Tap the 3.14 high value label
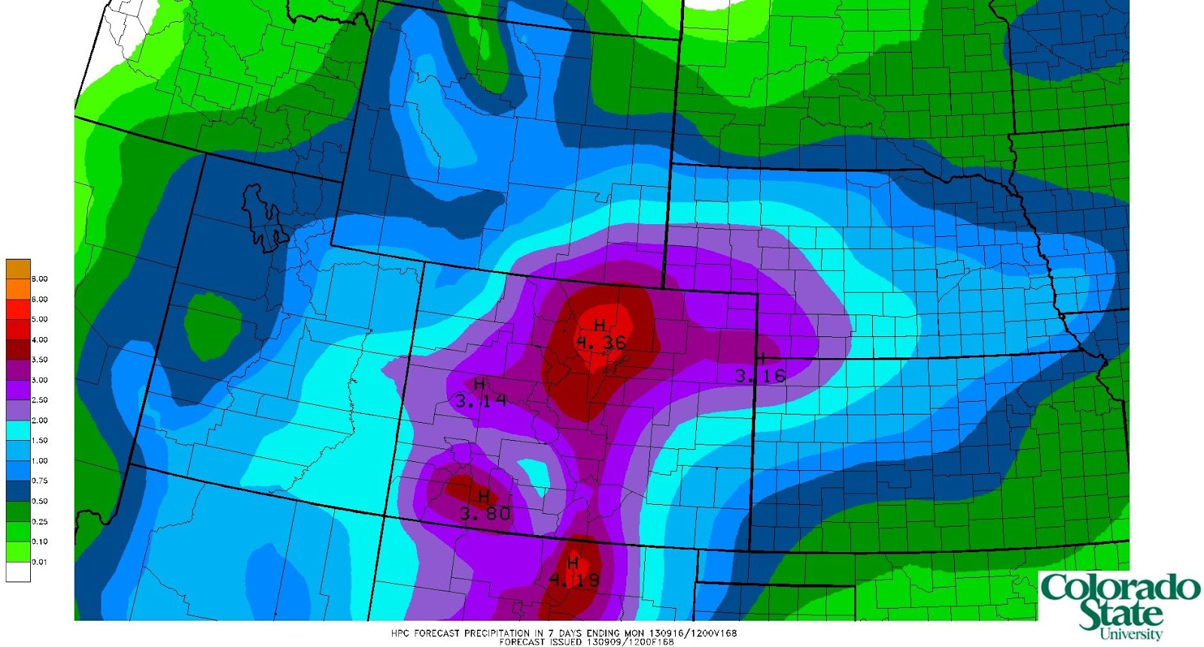point(481,401)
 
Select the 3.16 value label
point(760,375)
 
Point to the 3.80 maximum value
point(485,514)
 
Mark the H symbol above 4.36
point(600,325)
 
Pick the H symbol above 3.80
point(485,497)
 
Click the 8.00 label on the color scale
point(39,279)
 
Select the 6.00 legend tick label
point(39,299)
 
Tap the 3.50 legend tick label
point(39,360)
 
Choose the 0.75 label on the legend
point(39,481)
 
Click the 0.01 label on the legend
point(39,562)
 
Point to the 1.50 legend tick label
point(39,441)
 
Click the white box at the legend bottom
point(18,572)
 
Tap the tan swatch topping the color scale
point(18,269)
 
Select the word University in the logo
point(1130,633)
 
